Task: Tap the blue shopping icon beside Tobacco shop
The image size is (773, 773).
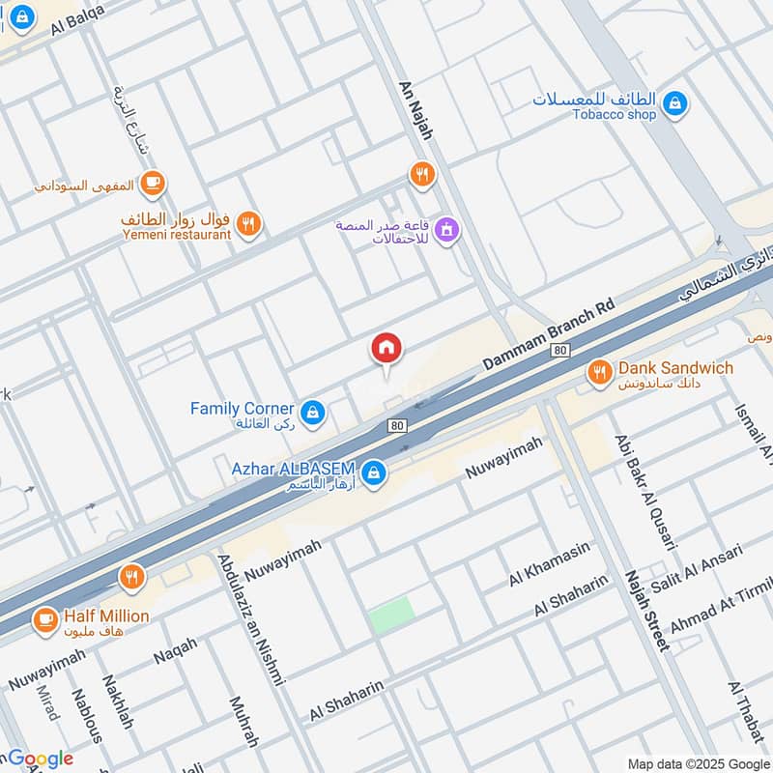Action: click(675, 101)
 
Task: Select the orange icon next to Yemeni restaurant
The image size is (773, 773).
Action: click(248, 223)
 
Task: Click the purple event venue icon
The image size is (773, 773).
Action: click(445, 230)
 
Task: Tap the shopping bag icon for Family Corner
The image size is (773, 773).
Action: click(311, 415)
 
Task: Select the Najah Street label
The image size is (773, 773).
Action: click(646, 610)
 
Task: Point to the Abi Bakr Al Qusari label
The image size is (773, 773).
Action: click(644, 492)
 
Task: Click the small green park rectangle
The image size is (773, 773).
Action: click(391, 616)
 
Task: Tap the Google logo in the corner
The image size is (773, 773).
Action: click(40, 759)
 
